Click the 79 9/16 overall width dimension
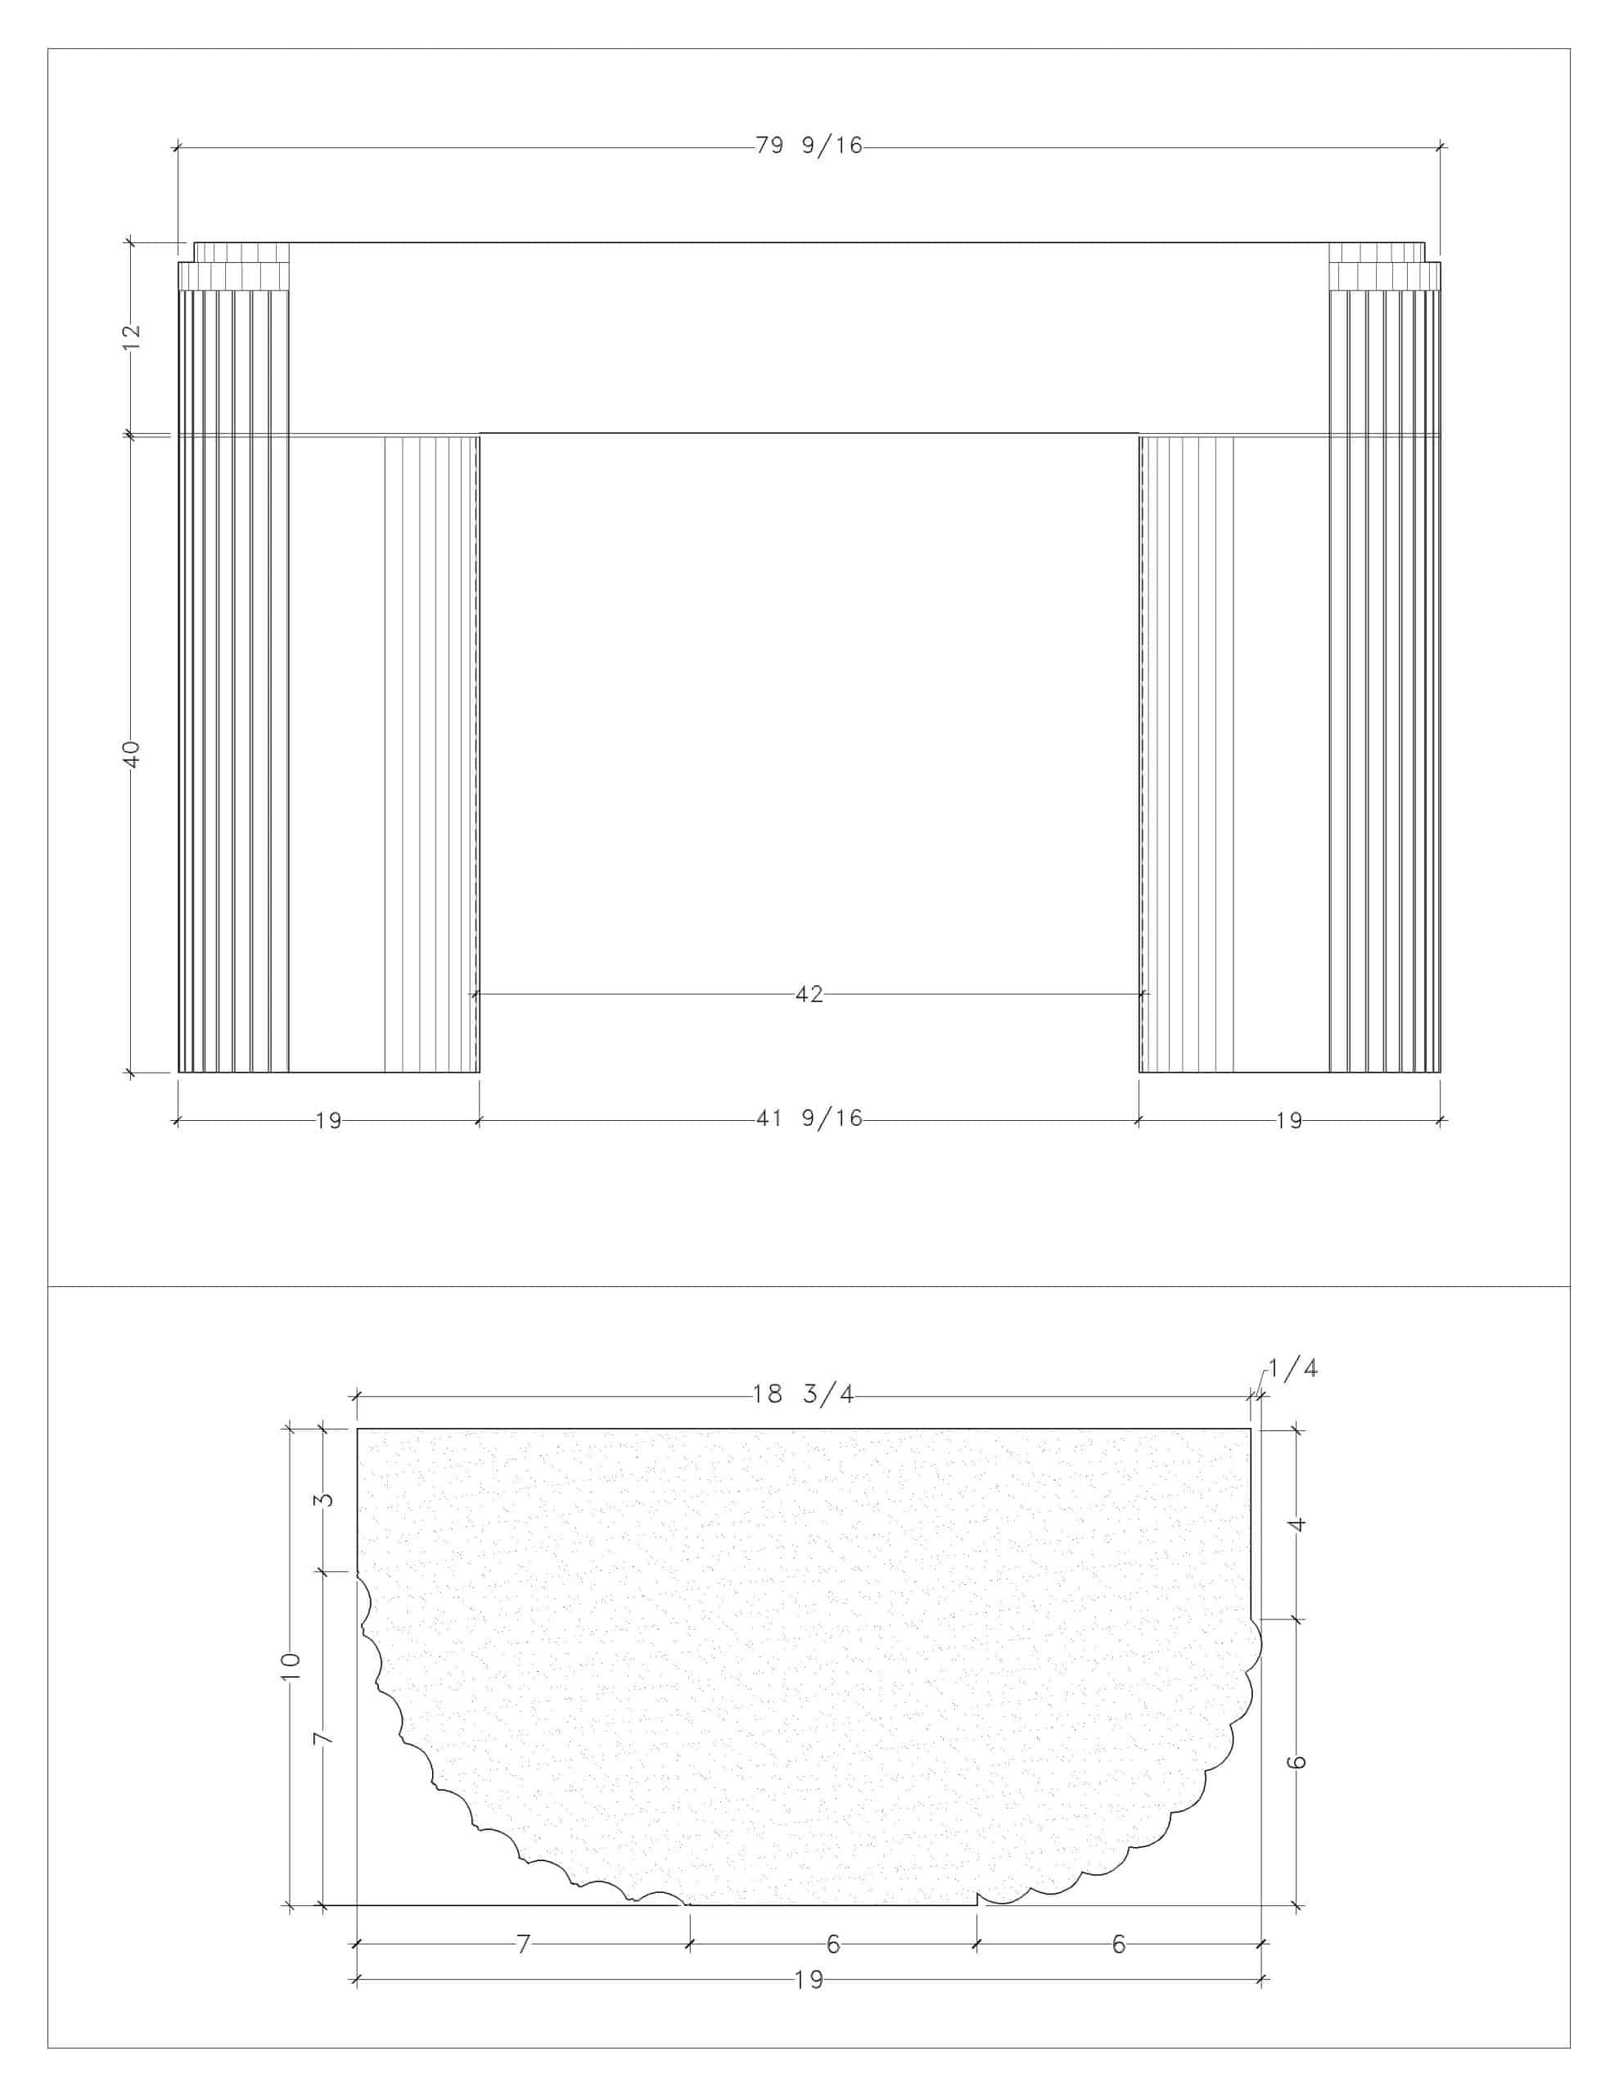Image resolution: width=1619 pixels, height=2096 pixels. [x=809, y=146]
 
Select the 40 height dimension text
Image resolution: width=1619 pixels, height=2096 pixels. [x=133, y=753]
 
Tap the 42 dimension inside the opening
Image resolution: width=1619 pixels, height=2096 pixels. [x=809, y=994]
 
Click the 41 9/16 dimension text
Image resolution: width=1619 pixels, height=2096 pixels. [x=809, y=1118]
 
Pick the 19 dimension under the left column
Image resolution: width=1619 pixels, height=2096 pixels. [x=328, y=1120]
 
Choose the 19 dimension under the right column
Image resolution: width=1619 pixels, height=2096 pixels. [x=1289, y=1120]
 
